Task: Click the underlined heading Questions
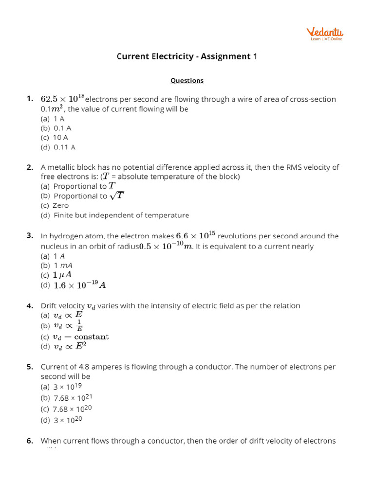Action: point(187,81)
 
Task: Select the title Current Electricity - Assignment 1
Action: point(187,56)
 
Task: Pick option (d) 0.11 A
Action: point(58,147)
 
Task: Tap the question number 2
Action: point(30,167)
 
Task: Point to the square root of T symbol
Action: point(117,196)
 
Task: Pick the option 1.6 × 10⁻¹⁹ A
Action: point(79,285)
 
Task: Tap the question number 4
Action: point(30,306)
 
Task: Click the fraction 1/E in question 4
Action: point(79,325)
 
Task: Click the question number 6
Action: point(30,441)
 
